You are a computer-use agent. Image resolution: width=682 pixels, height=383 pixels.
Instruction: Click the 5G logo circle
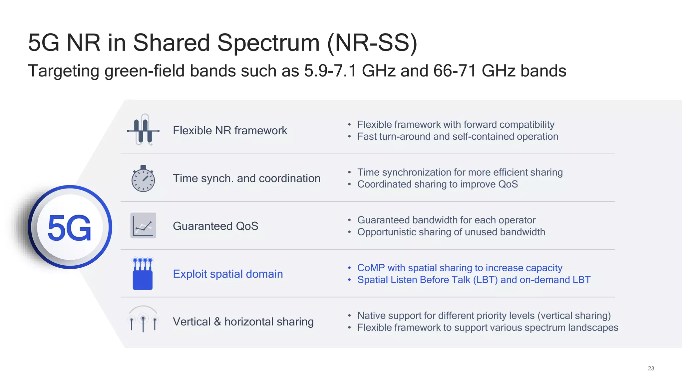point(70,227)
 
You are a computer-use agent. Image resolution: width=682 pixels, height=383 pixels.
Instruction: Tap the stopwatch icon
point(143,179)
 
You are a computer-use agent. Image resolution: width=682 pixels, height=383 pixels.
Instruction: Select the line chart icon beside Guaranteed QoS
point(143,225)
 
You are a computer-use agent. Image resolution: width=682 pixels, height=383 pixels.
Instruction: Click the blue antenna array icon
point(143,274)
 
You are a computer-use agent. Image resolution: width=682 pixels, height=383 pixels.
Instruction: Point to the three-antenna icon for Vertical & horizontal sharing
point(143,319)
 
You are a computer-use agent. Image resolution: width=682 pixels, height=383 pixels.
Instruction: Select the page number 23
point(651,368)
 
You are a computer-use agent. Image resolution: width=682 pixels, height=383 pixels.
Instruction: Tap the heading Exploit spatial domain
point(228,274)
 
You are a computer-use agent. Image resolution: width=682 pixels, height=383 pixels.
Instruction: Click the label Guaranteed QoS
point(215,226)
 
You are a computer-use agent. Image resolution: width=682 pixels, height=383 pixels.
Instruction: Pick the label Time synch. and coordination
point(246,179)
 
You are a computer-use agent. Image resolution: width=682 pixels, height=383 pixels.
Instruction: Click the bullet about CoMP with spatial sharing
point(460,268)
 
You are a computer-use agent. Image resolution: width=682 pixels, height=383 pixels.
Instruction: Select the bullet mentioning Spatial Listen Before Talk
point(474,280)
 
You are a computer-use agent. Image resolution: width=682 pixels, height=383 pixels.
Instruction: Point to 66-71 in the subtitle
point(455,71)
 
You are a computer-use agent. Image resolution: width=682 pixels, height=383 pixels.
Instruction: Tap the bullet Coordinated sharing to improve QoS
point(437,185)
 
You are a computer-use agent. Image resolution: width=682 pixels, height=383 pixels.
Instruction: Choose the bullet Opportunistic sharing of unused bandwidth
point(451,232)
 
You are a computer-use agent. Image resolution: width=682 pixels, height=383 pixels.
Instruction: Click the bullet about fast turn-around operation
point(458,137)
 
